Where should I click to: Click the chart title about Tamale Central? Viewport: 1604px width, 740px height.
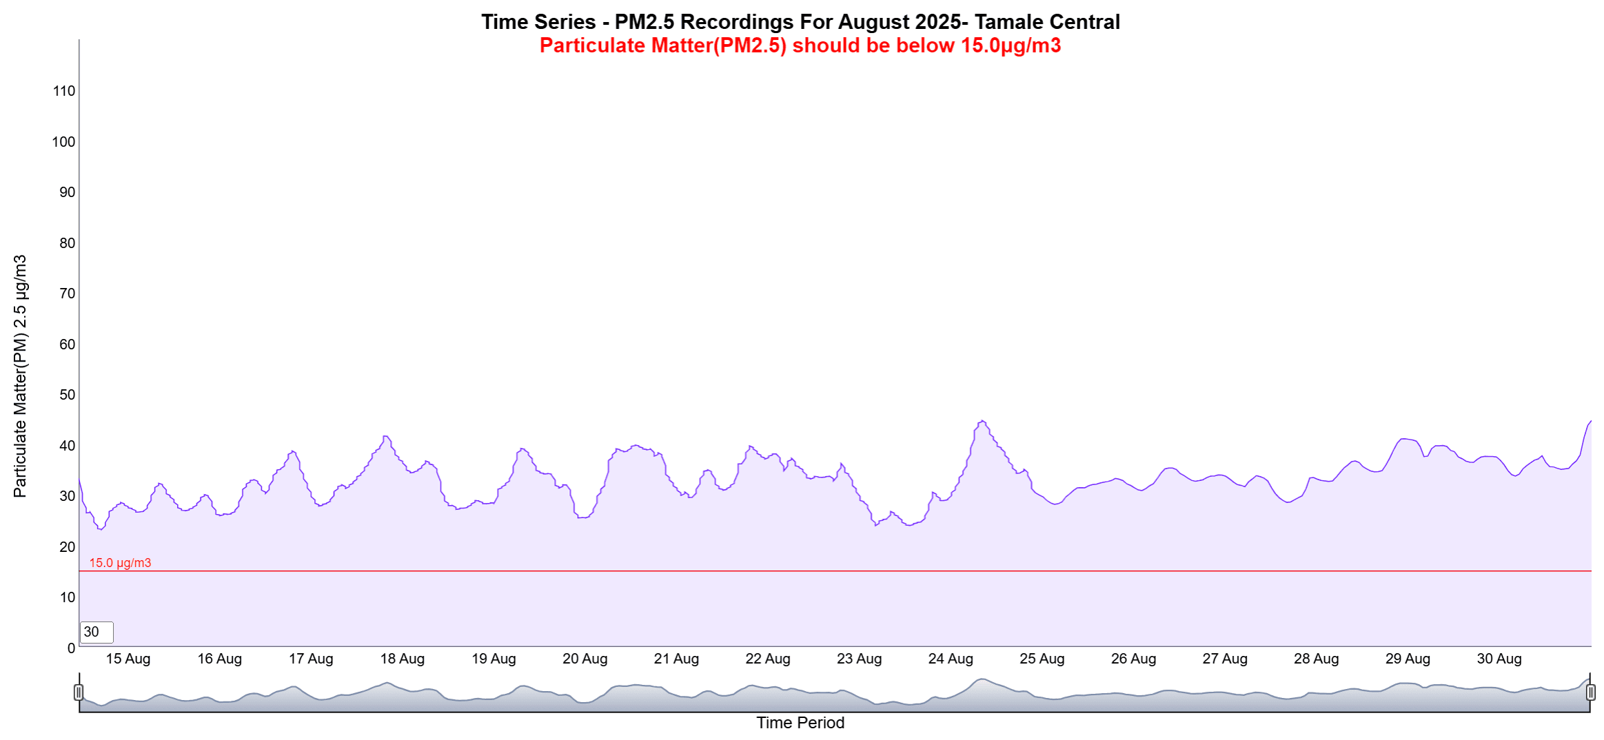click(800, 22)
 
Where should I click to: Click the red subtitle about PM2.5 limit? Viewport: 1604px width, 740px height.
click(800, 45)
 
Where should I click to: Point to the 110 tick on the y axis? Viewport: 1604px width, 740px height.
click(64, 91)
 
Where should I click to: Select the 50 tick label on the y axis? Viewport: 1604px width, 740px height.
click(67, 395)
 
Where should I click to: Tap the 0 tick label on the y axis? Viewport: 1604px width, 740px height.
click(71, 648)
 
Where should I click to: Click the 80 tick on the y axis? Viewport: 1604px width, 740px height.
click(67, 243)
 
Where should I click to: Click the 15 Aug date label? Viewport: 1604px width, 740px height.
click(128, 659)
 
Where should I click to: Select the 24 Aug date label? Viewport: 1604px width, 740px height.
click(951, 659)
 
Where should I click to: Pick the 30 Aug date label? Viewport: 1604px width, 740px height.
click(1499, 659)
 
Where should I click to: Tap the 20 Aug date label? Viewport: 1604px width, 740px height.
click(585, 659)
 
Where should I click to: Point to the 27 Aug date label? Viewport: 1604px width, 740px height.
click(1225, 659)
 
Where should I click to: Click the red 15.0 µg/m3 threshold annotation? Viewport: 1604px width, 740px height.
click(120, 563)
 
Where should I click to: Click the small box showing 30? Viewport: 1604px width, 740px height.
click(96, 632)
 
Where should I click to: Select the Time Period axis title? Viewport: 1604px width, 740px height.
click(800, 723)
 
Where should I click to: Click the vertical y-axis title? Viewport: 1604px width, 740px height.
click(20, 376)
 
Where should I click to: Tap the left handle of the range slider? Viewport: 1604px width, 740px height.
click(79, 692)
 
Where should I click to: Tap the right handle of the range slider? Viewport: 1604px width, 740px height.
click(1590, 692)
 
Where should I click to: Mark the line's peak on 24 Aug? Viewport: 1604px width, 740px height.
click(982, 421)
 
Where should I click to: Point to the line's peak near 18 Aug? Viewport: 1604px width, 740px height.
click(386, 436)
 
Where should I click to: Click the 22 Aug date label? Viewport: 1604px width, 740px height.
click(767, 659)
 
